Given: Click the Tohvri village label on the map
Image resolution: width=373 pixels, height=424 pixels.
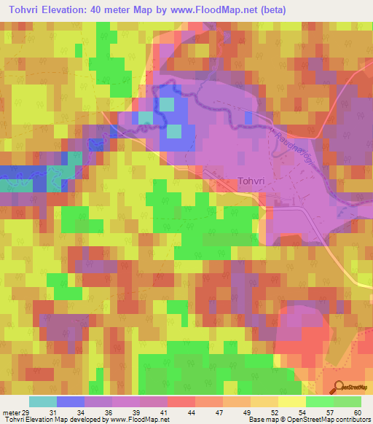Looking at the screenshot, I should [255, 183].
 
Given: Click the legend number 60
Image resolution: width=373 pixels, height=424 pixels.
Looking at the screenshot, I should [356, 412].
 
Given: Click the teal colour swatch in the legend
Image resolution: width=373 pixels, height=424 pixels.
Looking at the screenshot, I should [43, 401].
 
